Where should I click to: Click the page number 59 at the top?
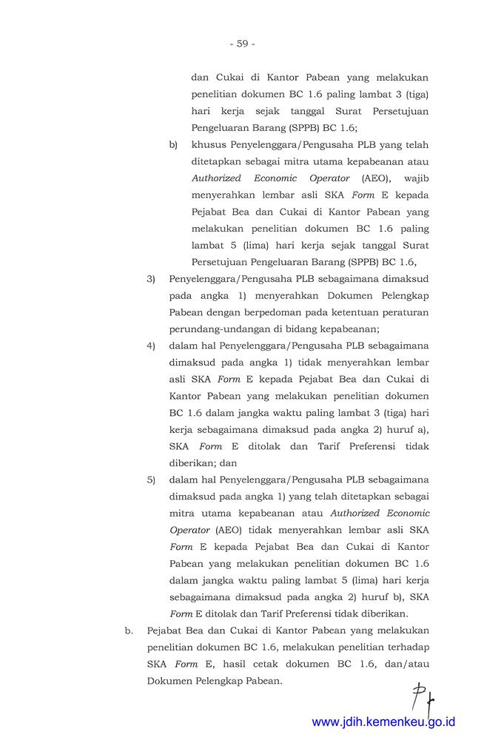(242, 44)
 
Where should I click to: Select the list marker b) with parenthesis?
(174, 144)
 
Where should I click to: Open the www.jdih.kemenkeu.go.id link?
(383, 721)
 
